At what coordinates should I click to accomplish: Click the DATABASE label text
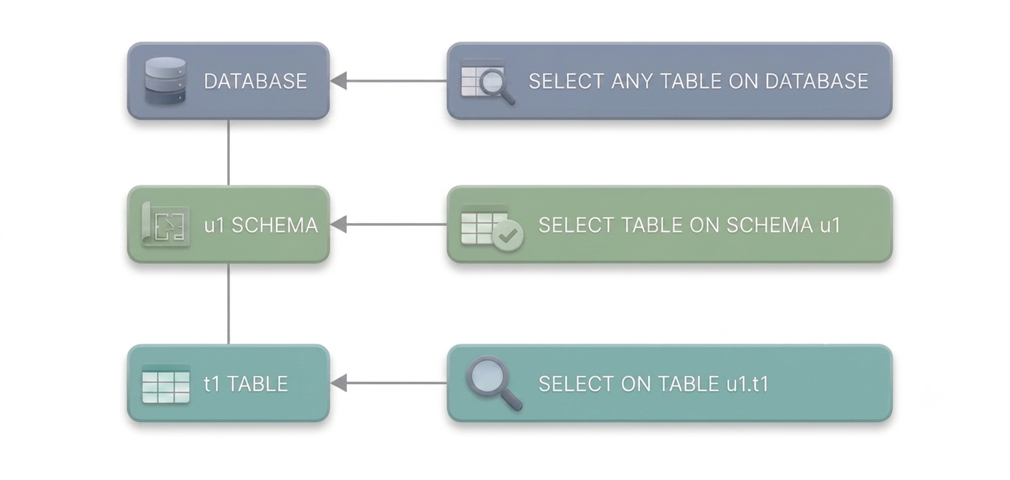(255, 81)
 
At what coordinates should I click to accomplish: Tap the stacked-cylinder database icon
(165, 81)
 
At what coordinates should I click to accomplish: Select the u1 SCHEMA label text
(261, 225)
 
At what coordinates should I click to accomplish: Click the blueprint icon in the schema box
(166, 224)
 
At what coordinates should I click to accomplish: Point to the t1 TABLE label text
(246, 384)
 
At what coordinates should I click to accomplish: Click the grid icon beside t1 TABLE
(166, 383)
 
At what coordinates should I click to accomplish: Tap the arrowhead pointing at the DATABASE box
(339, 80)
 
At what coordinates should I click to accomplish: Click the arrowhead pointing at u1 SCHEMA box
(339, 224)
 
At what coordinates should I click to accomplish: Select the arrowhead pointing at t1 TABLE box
(339, 383)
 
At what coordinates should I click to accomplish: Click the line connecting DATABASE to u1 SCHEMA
(228, 153)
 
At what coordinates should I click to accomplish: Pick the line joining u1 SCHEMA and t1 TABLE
(228, 303)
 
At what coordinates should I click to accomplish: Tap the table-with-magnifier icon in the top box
(488, 82)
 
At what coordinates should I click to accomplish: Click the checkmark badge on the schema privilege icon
(508, 235)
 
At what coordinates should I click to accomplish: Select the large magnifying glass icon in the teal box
(494, 383)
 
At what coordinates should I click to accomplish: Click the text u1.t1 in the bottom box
(748, 384)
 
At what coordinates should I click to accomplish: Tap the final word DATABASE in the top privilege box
(816, 81)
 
